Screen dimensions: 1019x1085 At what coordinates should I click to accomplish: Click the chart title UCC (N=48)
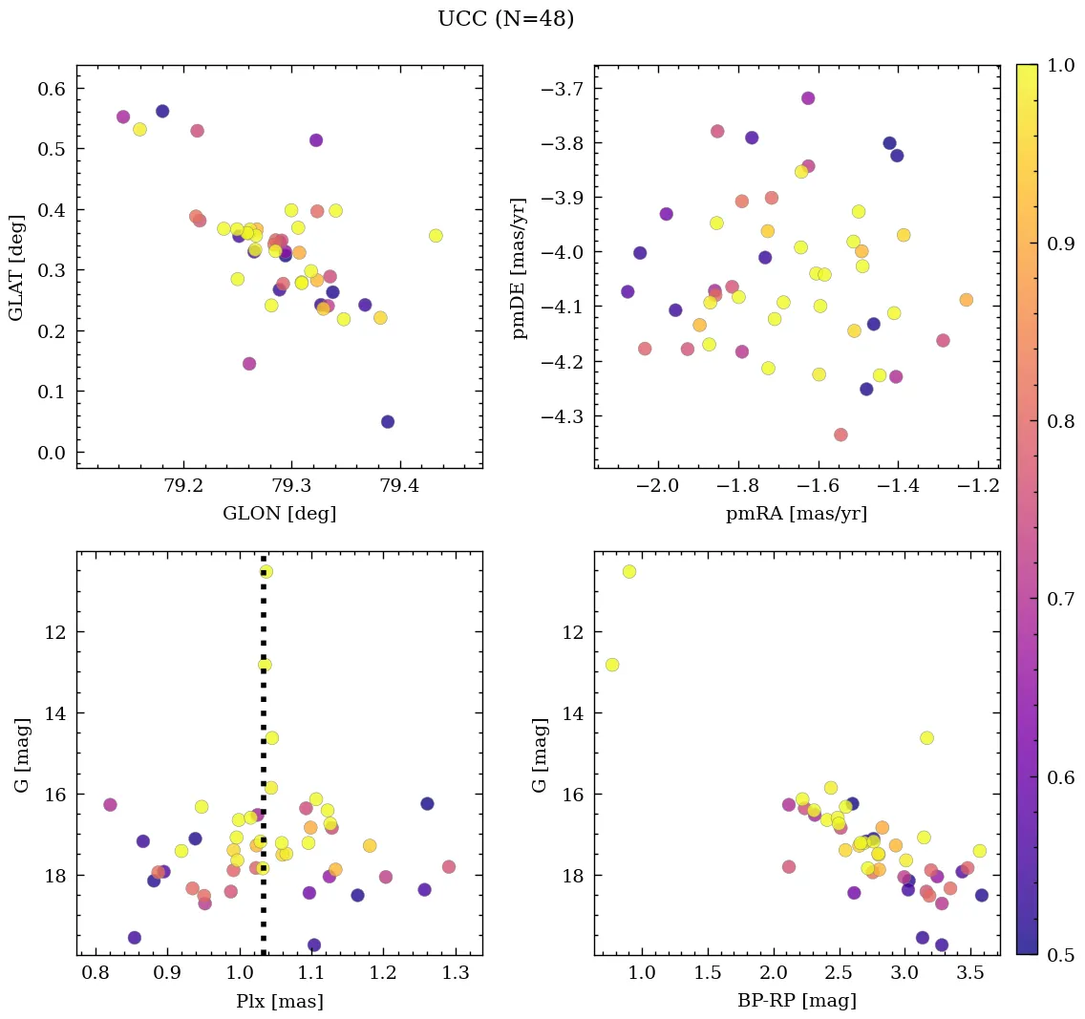[505, 19]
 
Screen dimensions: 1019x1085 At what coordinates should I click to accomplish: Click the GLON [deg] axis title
[279, 514]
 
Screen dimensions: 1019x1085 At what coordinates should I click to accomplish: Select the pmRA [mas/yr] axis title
[797, 514]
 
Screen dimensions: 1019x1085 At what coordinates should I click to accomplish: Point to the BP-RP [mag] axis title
[797, 1001]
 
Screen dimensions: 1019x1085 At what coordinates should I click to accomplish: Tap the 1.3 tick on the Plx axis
[456, 973]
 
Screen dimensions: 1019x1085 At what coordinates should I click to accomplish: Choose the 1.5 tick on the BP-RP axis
[708, 973]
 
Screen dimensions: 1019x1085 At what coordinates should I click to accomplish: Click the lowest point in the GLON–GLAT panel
[388, 422]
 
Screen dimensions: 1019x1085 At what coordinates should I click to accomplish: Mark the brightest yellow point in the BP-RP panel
[629, 571]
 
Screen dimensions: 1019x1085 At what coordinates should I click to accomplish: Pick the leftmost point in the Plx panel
[110, 805]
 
